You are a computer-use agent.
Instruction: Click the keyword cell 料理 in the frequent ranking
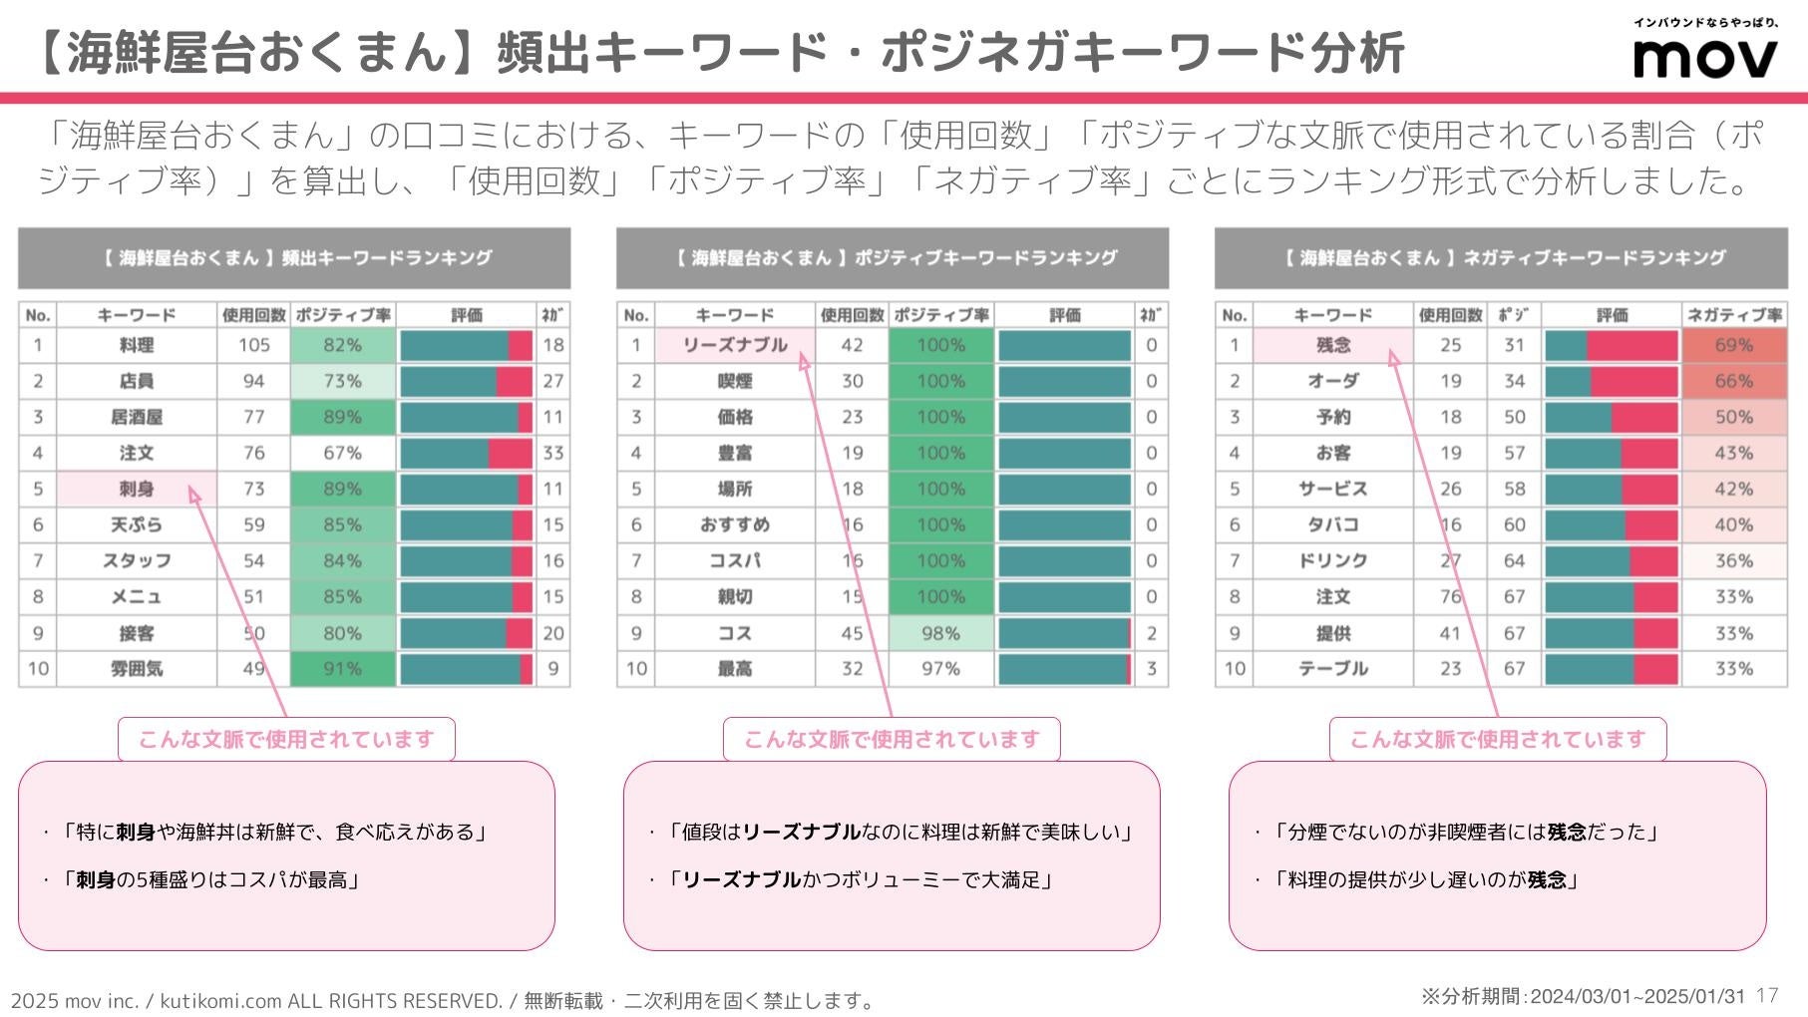(137, 345)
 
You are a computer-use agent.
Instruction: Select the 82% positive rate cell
(342, 345)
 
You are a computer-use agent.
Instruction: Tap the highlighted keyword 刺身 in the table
(137, 489)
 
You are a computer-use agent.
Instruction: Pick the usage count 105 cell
(253, 345)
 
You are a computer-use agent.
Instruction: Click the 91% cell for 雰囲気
(342, 669)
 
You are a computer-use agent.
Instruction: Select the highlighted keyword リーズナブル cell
(735, 345)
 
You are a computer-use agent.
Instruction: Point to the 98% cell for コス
(940, 633)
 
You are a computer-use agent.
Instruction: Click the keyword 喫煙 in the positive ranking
(735, 381)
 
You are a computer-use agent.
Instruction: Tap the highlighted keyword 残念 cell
(1333, 345)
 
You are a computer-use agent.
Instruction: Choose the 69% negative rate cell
(1733, 345)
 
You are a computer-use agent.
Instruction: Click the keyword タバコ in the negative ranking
(1333, 524)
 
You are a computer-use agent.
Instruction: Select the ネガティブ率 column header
(1733, 315)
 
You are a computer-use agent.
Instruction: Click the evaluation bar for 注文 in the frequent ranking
(466, 453)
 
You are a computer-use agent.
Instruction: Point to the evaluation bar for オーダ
(1611, 381)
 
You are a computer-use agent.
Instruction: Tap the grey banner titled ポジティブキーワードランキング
(893, 258)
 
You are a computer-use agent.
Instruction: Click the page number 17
(1767, 995)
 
